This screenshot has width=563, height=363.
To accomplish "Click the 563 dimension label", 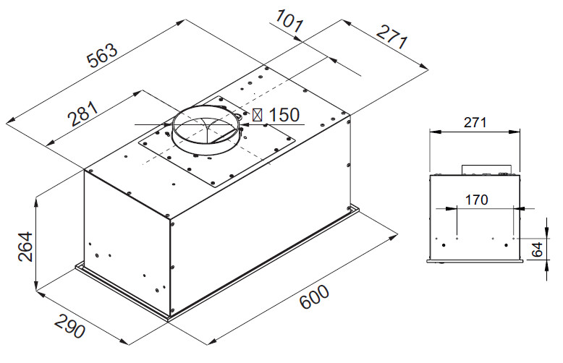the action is coord(102,56).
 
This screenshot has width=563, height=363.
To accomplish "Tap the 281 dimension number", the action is coord(83,114).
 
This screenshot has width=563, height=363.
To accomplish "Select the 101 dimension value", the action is coord(289,21).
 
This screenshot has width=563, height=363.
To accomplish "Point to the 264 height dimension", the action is coord(25,247).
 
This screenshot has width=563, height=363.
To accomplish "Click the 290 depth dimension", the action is coord(70,326).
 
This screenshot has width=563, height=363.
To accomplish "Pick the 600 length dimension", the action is coord(314,296).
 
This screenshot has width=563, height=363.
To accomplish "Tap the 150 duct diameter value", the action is coord(284,115).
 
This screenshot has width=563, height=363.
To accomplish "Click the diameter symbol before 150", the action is coord(257,115).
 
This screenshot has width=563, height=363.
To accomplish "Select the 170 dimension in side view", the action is coord(476,200).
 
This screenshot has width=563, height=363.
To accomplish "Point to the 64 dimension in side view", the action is coord(537,249).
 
